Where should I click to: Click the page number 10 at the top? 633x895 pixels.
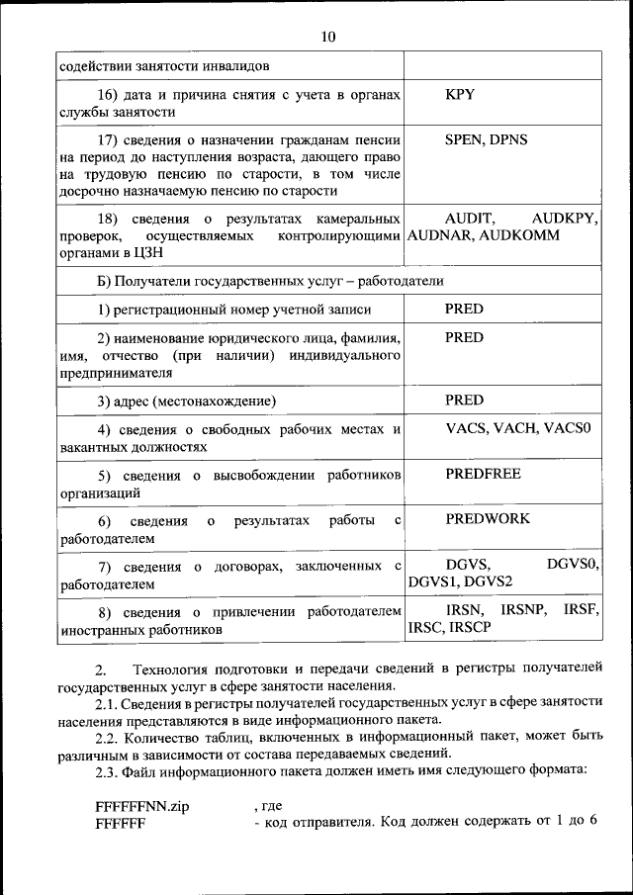[328, 37]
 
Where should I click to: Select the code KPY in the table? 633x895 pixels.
[460, 95]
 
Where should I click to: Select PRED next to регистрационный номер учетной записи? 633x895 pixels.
[464, 309]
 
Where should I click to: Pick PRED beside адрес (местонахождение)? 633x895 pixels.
[464, 400]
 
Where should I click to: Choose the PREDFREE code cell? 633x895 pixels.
[483, 474]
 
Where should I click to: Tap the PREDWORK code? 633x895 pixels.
[487, 518]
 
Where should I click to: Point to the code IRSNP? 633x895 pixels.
[523, 609]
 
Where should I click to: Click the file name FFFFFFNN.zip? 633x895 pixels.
[141, 806]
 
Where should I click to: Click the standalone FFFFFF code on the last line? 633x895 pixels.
[121, 824]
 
